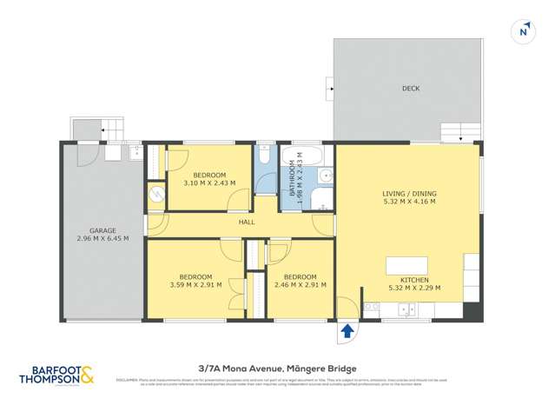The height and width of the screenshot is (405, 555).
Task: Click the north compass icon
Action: click(x=523, y=31)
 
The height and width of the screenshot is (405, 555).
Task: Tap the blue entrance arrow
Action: click(x=347, y=330)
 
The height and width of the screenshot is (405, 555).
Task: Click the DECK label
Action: click(x=411, y=89)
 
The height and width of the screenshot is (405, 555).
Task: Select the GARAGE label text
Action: click(x=102, y=229)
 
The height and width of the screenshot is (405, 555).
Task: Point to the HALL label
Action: click(x=247, y=222)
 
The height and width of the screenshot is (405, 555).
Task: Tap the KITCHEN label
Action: click(x=408, y=280)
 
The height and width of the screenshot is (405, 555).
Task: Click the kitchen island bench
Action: click(x=406, y=265)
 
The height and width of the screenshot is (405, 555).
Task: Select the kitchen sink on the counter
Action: click(x=406, y=309)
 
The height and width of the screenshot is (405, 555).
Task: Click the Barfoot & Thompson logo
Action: click(x=56, y=375)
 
